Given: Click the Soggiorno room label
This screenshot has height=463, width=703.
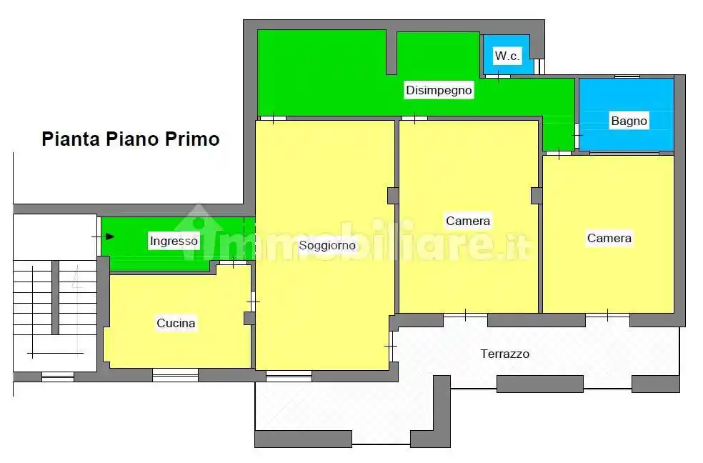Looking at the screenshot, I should pyautogui.click(x=326, y=246).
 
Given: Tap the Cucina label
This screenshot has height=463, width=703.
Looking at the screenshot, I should pyautogui.click(x=176, y=324).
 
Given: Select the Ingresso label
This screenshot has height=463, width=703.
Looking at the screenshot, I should pyautogui.click(x=173, y=242).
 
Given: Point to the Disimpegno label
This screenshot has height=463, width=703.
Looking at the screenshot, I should pyautogui.click(x=439, y=91).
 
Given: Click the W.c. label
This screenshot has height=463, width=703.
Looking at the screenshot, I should pyautogui.click(x=507, y=56).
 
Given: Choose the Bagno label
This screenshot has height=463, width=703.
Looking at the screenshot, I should pyautogui.click(x=629, y=121).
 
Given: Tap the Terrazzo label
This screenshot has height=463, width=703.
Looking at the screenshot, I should pyautogui.click(x=504, y=354).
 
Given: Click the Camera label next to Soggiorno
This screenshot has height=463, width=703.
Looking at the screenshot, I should pyautogui.click(x=468, y=221).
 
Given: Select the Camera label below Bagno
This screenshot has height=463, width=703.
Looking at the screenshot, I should pyautogui.click(x=609, y=238).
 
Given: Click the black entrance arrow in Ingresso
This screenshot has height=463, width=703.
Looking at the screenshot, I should pyautogui.click(x=109, y=236).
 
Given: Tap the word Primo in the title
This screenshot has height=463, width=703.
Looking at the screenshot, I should pyautogui.click(x=192, y=139).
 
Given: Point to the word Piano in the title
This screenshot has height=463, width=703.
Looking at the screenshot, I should pyautogui.click(x=133, y=139).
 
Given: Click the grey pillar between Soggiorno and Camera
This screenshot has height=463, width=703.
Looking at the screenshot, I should pyautogui.click(x=392, y=195).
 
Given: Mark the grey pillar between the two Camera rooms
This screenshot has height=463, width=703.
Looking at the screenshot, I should pyautogui.click(x=536, y=195).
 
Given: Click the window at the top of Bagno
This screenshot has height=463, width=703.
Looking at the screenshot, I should pyautogui.click(x=627, y=76).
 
